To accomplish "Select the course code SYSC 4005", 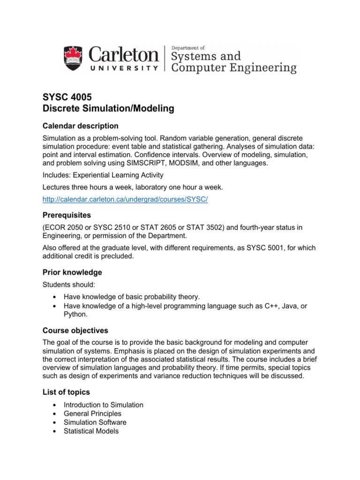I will tap(67, 97).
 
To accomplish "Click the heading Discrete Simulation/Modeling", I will tap(108, 109).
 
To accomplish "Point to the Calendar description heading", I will tap(81, 126).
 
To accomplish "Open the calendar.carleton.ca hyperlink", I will tap(125, 199).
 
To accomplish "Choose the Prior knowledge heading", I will tap(72, 272).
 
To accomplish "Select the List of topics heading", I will tap(66, 391).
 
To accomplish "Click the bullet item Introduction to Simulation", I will tap(104, 405).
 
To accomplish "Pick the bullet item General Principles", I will tap(92, 413).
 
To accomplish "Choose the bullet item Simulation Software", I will tap(95, 422).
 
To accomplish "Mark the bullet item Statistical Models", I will tap(91, 431).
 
